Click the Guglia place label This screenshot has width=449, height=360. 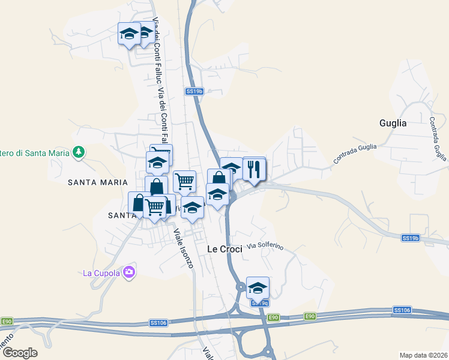click(x=393, y=124)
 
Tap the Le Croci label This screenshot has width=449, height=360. click(x=224, y=248)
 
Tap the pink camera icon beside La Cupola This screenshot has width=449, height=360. click(x=128, y=273)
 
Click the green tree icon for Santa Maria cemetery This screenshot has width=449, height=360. click(x=78, y=152)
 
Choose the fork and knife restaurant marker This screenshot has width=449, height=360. click(x=255, y=169)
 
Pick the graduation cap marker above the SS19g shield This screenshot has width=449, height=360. click(x=258, y=287)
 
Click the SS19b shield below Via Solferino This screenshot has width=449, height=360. click(x=410, y=238)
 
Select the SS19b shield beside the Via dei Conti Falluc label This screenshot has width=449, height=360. click(x=194, y=91)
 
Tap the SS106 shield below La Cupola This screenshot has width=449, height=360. click(x=158, y=323)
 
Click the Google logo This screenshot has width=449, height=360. click(x=19, y=353)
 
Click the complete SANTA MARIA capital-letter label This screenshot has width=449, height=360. click(x=98, y=182)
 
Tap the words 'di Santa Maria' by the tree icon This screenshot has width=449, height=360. click(x=37, y=153)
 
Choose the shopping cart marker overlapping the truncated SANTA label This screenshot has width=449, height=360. click(x=155, y=207)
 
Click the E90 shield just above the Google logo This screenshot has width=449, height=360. click(x=6, y=322)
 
